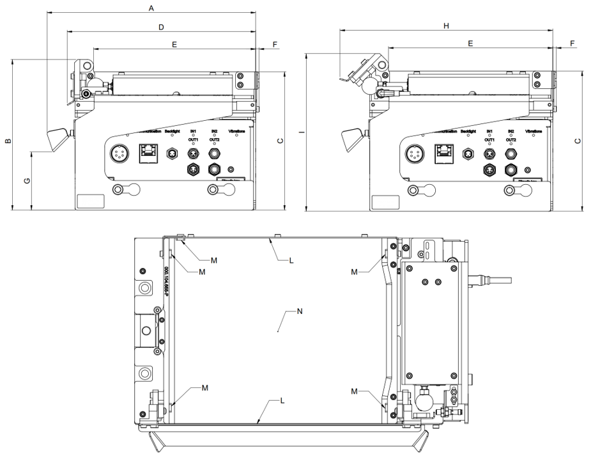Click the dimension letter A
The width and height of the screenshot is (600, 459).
[151, 8]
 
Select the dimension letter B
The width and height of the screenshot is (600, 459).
[8, 141]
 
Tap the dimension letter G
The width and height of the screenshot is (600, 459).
[26, 182]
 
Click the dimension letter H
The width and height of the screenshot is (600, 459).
[447, 26]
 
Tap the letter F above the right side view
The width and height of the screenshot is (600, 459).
[572, 43]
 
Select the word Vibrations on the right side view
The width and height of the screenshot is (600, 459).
[534, 131]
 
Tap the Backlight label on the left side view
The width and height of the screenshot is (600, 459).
[173, 131]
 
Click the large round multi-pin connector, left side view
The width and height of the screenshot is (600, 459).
[119, 153]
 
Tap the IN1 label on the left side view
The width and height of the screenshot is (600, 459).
[192, 131]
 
